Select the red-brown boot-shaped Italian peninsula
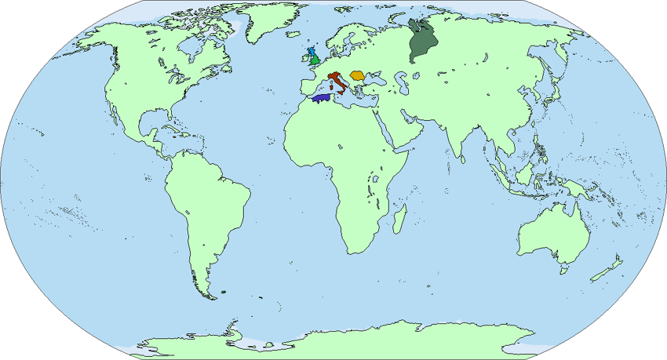point(337,81)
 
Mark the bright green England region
point(315,60)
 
